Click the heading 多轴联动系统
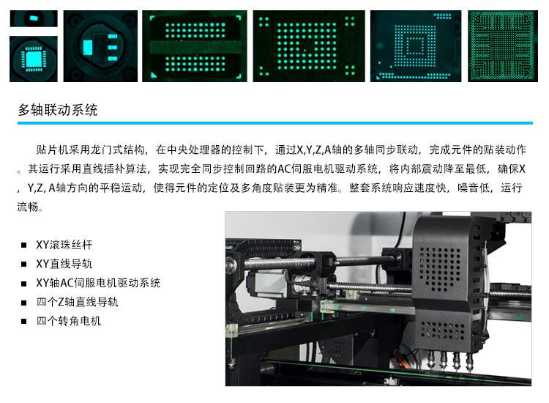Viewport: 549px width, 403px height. (58, 110)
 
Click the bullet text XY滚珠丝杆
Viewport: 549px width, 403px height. (64, 245)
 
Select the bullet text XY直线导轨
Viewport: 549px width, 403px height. (64, 264)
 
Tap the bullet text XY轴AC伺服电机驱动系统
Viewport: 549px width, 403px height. (98, 283)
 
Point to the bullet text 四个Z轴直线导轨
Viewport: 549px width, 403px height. (78, 302)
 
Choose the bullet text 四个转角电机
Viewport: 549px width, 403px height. (69, 321)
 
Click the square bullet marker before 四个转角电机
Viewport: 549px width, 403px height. (24, 321)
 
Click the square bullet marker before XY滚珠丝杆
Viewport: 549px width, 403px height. (24, 245)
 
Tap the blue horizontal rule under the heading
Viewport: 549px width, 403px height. (275, 123)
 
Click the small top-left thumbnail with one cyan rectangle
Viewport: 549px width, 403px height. (34, 18)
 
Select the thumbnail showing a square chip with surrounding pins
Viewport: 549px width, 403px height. (34, 59)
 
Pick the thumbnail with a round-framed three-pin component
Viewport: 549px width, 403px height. (100, 46)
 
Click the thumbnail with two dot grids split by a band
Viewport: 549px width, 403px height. (195, 46)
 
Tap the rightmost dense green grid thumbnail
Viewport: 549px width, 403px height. (503, 46)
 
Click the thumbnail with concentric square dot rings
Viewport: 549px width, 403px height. (416, 46)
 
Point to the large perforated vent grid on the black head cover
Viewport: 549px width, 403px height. (441, 269)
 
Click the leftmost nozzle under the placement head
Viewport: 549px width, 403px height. (431, 361)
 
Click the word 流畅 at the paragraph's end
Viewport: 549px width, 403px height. (28, 207)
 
